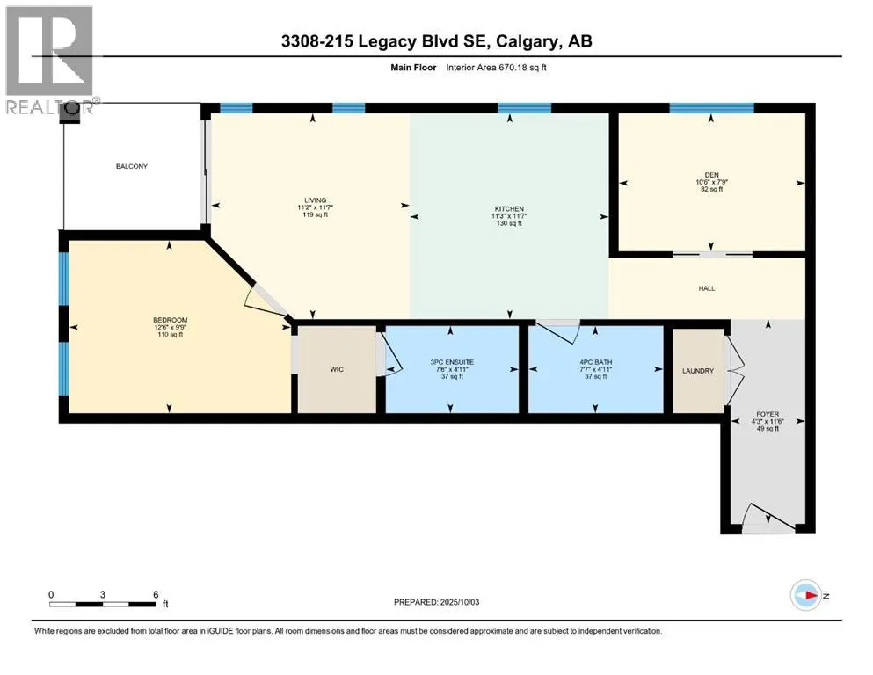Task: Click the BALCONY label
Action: click(x=131, y=166)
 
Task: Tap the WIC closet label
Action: click(x=337, y=369)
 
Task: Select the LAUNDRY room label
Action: click(x=698, y=371)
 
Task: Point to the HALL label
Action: click(x=707, y=288)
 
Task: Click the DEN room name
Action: click(x=711, y=175)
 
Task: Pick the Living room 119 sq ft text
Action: click(x=315, y=214)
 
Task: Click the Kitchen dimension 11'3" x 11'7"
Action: click(x=509, y=216)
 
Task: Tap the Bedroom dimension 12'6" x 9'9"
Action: click(x=171, y=327)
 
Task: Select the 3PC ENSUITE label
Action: click(x=452, y=362)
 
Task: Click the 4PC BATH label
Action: click(x=595, y=362)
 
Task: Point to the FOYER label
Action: click(x=768, y=415)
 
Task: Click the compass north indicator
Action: click(x=806, y=595)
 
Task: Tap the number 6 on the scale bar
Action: click(x=156, y=594)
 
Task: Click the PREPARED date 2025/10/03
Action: click(x=460, y=602)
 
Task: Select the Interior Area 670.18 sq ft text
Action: click(x=496, y=68)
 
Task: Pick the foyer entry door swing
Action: click(x=768, y=515)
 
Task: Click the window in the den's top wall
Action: click(x=711, y=108)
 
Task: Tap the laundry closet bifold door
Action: click(x=734, y=369)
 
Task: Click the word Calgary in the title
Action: click(x=527, y=41)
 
